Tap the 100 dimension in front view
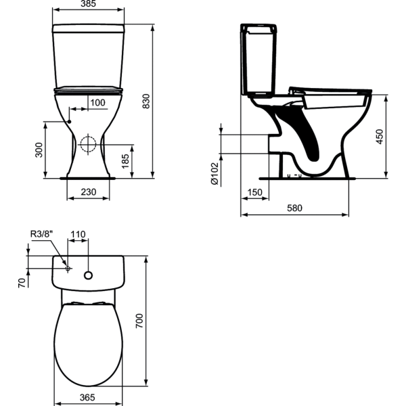pos(97,102)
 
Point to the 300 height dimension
pos(39,150)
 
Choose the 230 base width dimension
pos(88,192)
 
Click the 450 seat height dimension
pos(380,136)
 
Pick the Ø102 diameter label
pos(214,173)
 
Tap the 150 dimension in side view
pos(254,192)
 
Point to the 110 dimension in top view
pos(78,234)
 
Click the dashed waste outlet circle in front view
pos(87,143)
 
